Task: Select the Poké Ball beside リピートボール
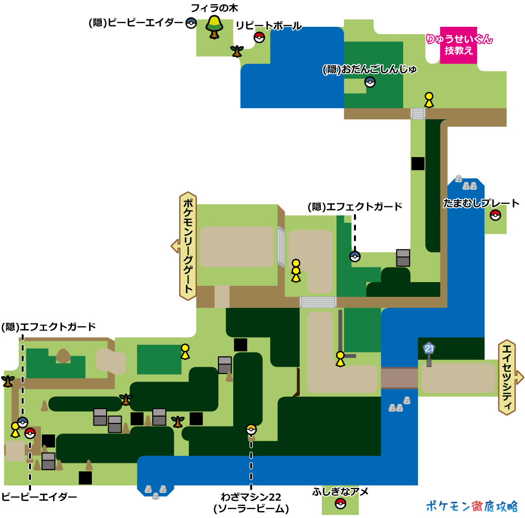pos(259,37)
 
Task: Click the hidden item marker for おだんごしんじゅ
pos(370,82)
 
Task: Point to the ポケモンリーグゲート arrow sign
pos(187,246)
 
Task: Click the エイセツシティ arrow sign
pos(509,377)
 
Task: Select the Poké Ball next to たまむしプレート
pos(495,215)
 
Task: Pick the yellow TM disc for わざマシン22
pos(251,429)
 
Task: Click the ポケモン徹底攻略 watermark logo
pos(471,505)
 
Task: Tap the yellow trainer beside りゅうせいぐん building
pos(429,99)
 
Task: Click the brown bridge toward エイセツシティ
pos(399,377)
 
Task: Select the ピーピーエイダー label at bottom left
pos(39,497)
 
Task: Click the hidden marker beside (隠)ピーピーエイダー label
pos(191,23)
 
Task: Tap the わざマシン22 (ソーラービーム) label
pos(251,503)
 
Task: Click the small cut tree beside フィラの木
pos(237,51)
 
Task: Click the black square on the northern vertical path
pos(418,163)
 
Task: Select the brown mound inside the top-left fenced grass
pos(64,356)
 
